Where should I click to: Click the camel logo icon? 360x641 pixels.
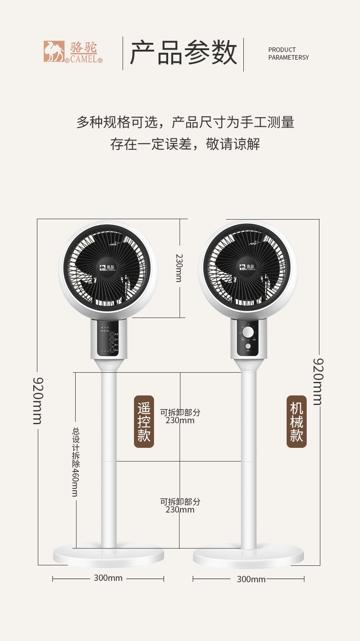54,51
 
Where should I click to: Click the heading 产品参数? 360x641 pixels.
183,53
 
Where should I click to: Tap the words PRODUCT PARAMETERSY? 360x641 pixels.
288,53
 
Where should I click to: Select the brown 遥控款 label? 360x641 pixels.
144,421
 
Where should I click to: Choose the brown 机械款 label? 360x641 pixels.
296,421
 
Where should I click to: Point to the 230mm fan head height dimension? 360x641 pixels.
179,268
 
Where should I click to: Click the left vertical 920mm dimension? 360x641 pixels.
38,400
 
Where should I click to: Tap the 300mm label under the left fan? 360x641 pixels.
108,578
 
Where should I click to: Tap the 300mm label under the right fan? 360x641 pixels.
251,579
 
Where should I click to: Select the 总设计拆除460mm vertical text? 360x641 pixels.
75,462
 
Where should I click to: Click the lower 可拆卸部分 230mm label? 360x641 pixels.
180,506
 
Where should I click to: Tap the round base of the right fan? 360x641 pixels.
248,556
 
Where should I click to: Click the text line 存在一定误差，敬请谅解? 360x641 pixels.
185,144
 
